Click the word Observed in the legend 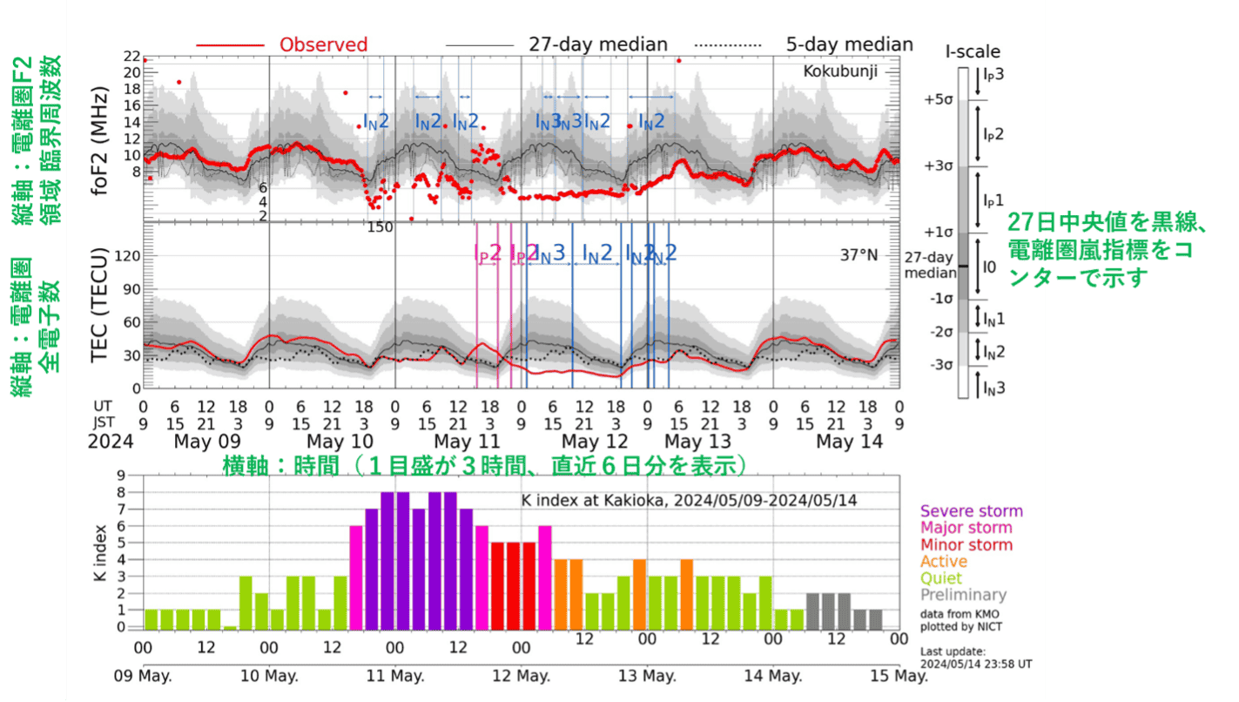click(323, 44)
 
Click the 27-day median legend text click(597, 44)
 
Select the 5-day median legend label click(849, 44)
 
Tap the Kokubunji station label click(840, 71)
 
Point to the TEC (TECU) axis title click(104, 307)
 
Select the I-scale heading click(973, 51)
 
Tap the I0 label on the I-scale click(988, 267)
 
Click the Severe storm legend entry click(971, 511)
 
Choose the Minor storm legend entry click(966, 544)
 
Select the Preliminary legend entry click(963, 595)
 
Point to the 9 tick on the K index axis click(133, 476)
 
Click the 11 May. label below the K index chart click(395, 676)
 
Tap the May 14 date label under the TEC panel click(849, 442)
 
